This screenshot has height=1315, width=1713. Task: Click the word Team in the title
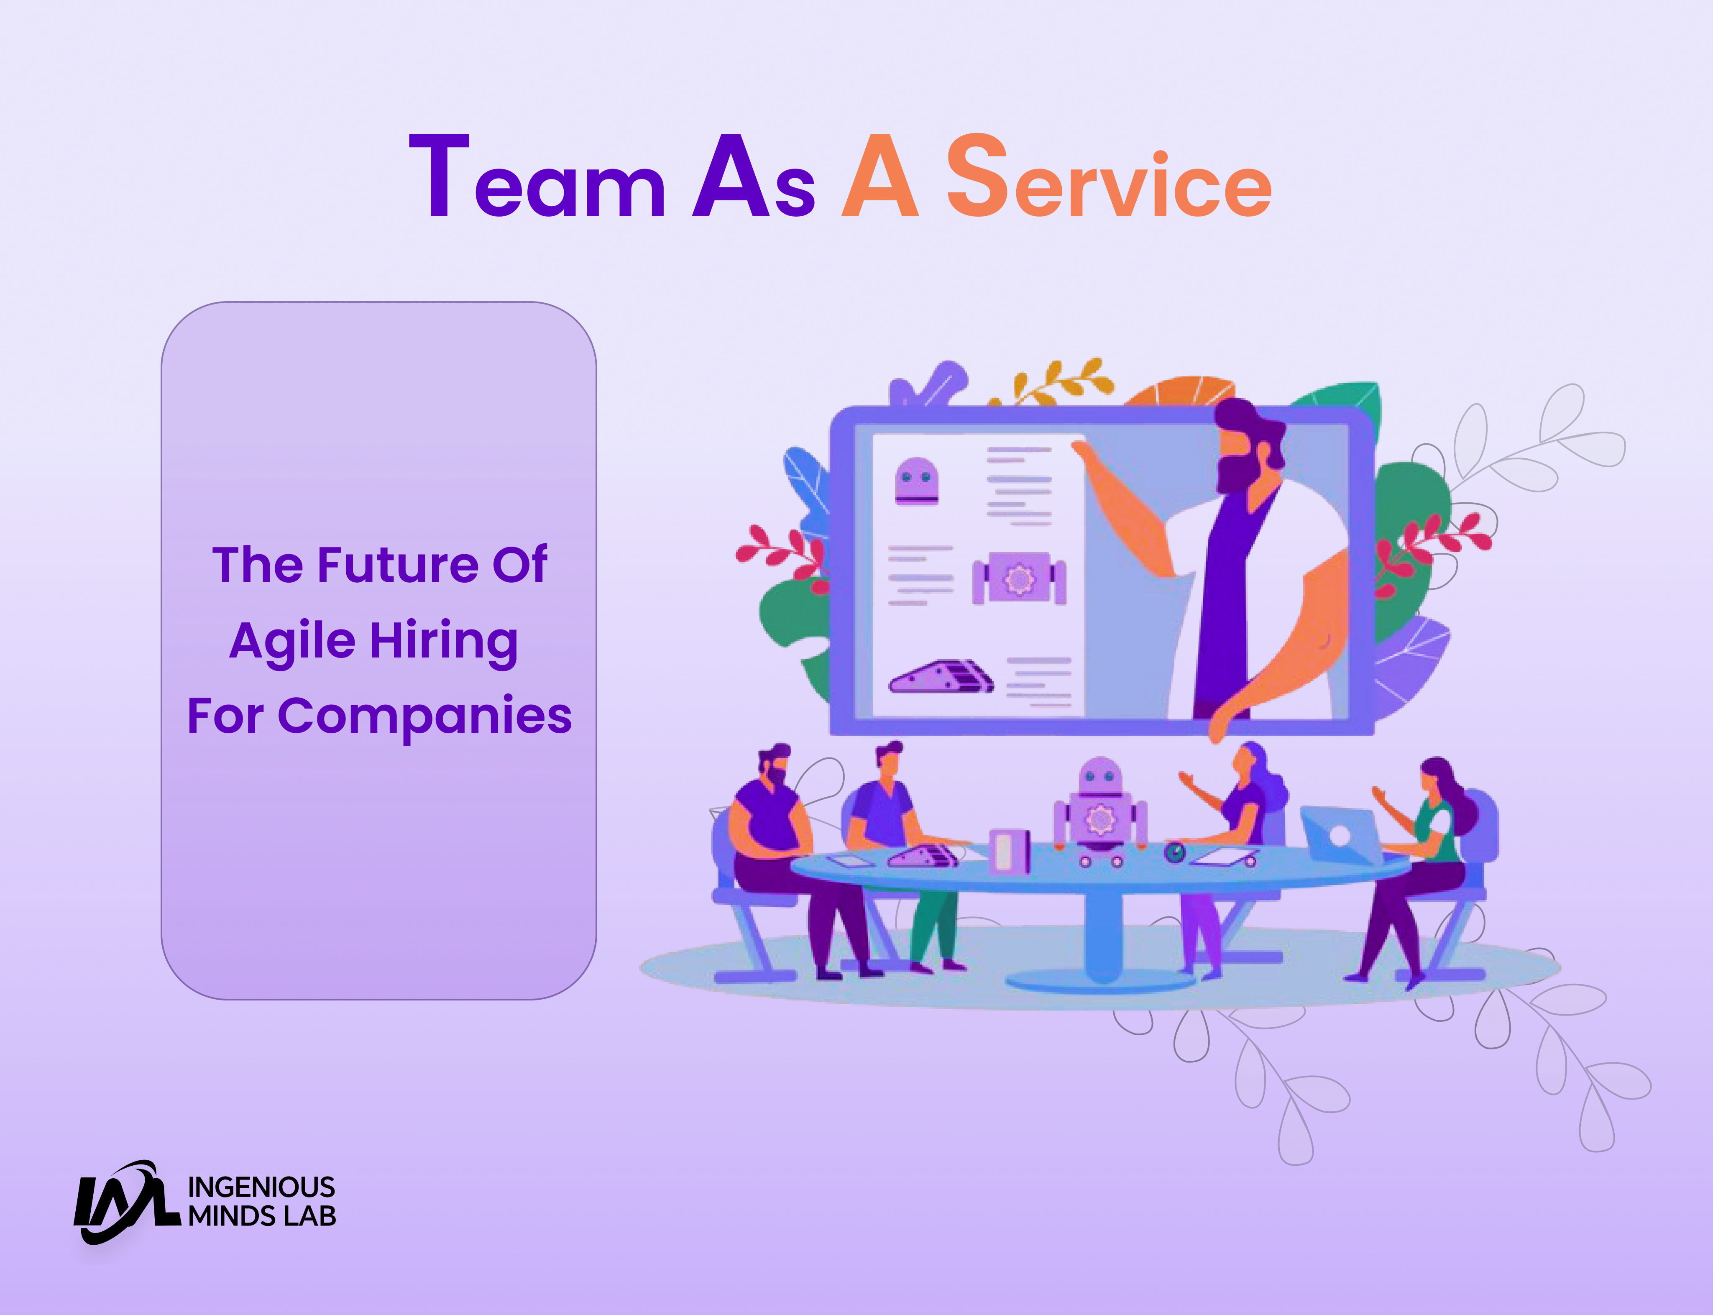tap(537, 177)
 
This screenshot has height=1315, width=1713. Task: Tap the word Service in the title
tap(1109, 177)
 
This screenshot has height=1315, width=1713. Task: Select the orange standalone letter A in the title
tap(880, 177)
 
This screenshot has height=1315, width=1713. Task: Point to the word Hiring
tap(444, 642)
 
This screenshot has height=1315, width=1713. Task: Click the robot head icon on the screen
tap(916, 481)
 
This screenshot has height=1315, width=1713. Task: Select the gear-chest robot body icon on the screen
tap(1019, 579)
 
